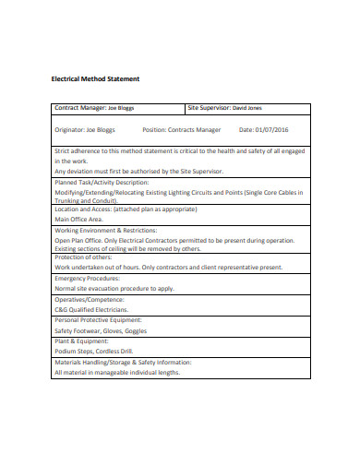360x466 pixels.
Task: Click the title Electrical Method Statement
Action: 88,78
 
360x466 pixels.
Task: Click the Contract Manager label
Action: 80,108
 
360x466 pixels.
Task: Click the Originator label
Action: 69,130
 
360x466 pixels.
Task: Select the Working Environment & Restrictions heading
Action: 105,230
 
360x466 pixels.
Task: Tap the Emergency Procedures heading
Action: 88,278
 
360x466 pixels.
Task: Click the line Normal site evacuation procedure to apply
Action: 114,288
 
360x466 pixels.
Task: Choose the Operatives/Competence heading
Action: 89,300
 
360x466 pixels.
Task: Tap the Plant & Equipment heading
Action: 83,341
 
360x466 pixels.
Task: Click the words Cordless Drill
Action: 114,352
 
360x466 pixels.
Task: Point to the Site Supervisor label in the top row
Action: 209,108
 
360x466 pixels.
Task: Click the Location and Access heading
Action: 84,209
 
